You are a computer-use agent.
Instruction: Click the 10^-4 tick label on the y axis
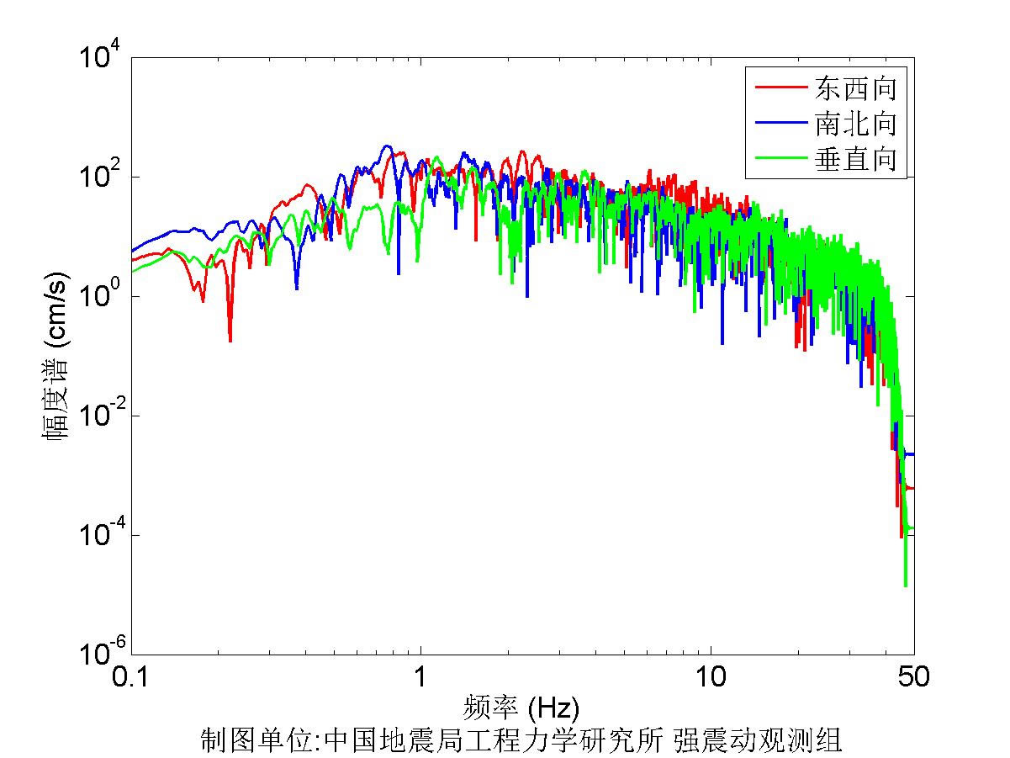tap(100, 535)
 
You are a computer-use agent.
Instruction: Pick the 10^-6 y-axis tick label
tap(100, 654)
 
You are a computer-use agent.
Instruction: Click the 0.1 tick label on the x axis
tap(132, 676)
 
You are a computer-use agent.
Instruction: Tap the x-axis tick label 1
tap(420, 676)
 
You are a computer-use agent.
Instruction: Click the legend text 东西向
tap(854, 87)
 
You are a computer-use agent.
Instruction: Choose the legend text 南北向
tap(854, 123)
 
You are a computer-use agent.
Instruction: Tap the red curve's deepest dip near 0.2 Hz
tap(230, 339)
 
